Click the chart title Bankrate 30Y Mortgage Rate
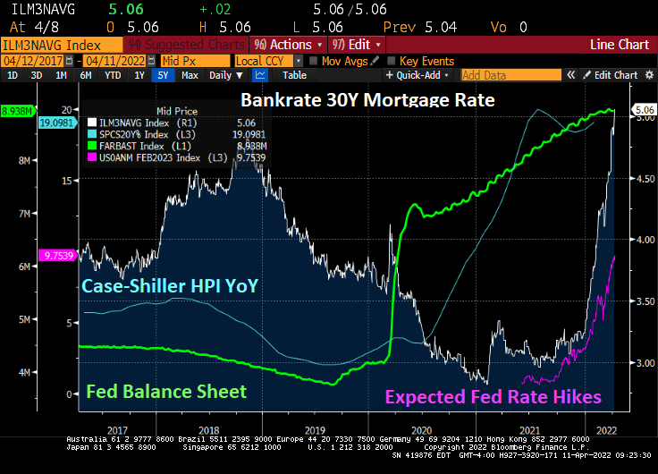point(367,100)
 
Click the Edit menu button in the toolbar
point(358,44)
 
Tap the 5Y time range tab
point(163,75)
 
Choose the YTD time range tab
point(113,75)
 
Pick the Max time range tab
point(190,75)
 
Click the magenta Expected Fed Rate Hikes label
point(493,397)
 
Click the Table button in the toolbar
point(294,75)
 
